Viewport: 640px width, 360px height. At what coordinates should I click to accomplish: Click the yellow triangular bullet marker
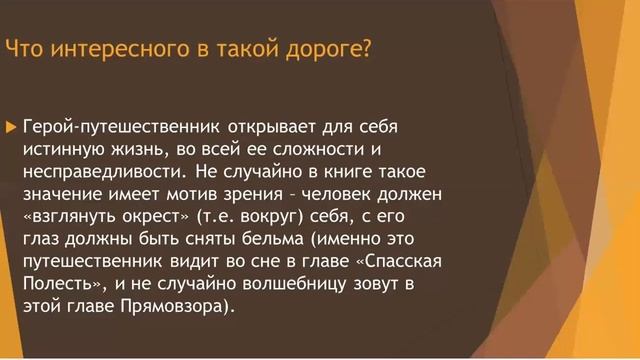pos(11,128)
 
